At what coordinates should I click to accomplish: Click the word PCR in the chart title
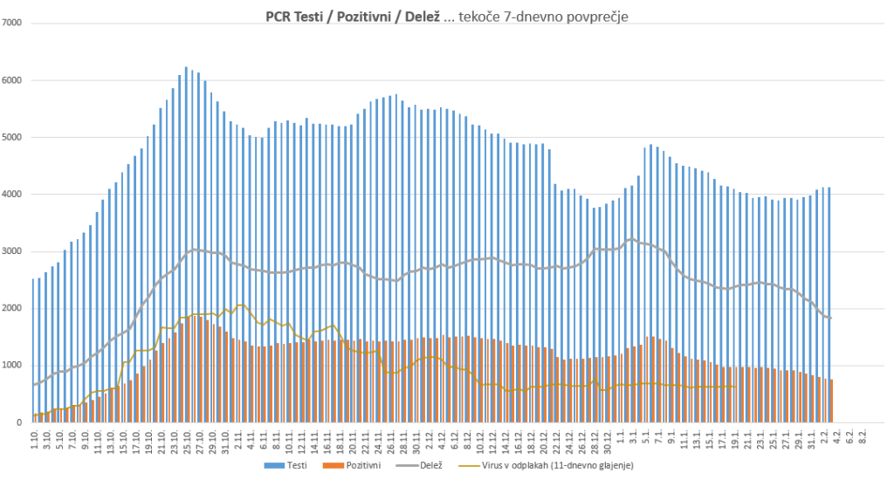[279, 16]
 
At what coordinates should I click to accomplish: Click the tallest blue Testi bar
[186, 244]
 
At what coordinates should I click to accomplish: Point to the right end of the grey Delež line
[830, 318]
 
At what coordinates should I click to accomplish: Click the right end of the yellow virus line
[736, 387]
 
